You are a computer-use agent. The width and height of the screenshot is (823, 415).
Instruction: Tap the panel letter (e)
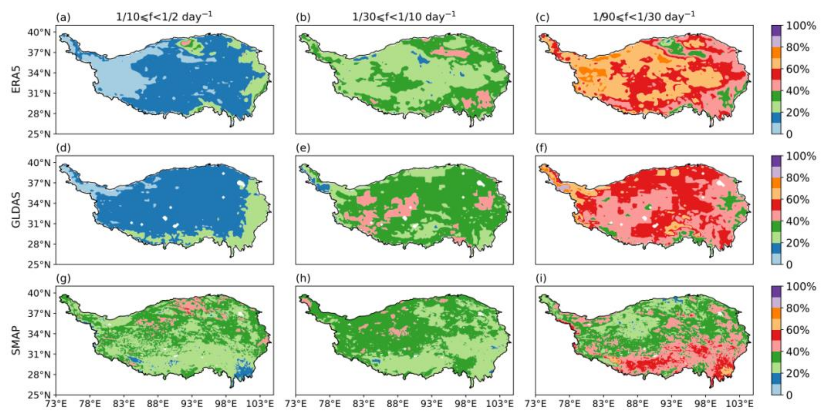coord(303,148)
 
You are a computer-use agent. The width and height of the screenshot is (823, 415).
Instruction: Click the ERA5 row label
coord(16,79)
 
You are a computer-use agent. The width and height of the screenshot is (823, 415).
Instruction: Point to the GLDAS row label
coord(16,210)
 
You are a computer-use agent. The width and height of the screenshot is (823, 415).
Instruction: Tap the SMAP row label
coord(16,340)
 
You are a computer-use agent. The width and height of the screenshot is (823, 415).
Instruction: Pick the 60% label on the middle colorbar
coord(798,200)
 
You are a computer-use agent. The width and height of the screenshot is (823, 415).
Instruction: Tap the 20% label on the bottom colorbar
coord(798,373)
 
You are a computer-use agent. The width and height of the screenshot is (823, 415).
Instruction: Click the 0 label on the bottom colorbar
coord(789,395)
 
